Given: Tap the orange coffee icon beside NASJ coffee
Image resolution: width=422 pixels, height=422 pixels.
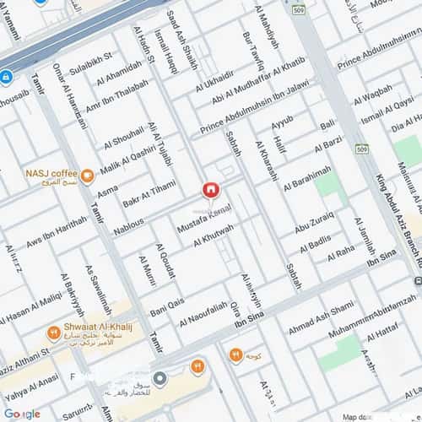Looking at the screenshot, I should point(88,178).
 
